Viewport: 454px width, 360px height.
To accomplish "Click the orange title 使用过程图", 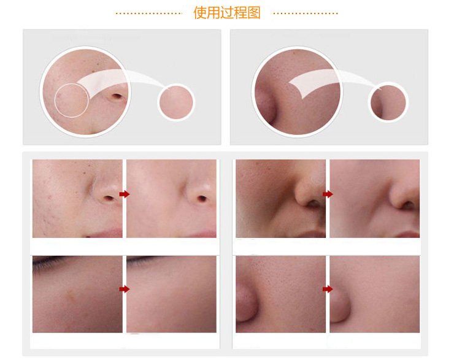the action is [x=227, y=13].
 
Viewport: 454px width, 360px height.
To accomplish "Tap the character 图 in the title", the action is [x=254, y=13].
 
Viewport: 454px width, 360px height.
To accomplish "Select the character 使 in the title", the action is [x=200, y=13].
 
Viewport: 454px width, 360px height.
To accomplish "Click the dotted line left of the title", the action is [x=148, y=13].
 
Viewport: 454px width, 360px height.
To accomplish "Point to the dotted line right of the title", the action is [x=306, y=13].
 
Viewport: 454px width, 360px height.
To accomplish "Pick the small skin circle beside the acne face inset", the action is [x=176, y=102].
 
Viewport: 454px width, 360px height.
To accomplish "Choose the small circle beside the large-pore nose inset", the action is [x=388, y=102].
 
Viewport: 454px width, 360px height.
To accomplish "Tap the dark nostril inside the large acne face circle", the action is [x=117, y=96].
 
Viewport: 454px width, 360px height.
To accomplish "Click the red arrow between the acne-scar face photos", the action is [x=125, y=194].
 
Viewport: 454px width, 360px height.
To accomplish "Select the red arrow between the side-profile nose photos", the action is [x=328, y=194].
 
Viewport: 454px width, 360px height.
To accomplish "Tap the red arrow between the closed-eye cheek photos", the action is [x=125, y=289].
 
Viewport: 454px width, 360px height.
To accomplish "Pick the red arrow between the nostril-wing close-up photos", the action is [x=328, y=289].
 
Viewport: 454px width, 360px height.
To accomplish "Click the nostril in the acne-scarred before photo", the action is [x=109, y=198].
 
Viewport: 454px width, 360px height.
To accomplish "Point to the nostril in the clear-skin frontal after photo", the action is [x=202, y=198].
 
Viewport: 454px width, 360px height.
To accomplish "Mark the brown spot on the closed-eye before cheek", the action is [x=71, y=295].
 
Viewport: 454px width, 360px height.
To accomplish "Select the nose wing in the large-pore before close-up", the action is [x=246, y=302].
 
